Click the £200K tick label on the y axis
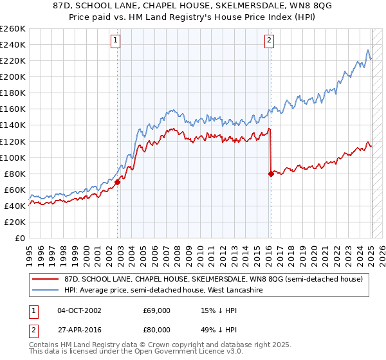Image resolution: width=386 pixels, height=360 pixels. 12,76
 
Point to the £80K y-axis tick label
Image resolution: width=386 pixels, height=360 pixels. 14,174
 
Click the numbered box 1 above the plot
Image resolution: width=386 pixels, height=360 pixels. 116,40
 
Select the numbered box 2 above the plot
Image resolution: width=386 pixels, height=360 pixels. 269,40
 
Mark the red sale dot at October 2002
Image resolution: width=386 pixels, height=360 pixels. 118,182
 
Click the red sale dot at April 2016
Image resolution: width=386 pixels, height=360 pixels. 271,173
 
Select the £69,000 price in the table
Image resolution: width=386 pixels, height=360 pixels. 156,310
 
